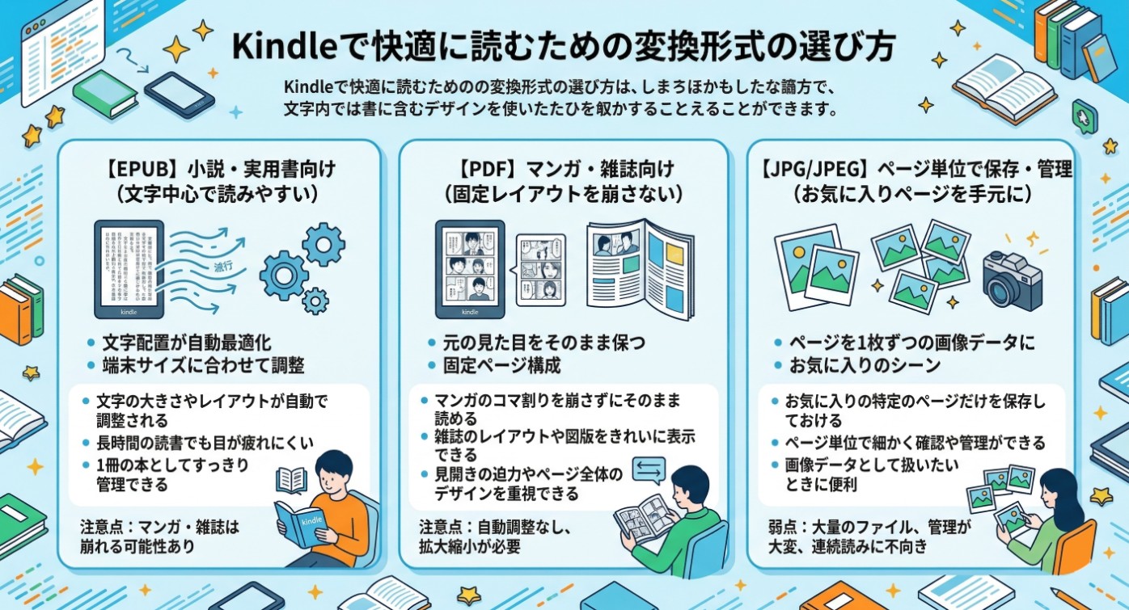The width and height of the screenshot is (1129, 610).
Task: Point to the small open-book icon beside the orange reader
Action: (291, 480)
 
